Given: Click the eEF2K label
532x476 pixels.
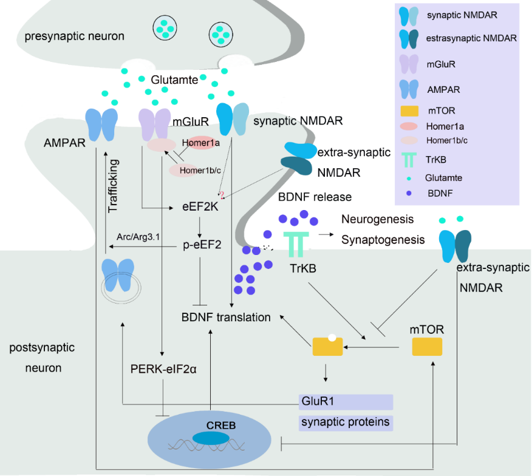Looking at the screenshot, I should click(200, 207).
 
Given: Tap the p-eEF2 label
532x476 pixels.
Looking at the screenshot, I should click(200, 245).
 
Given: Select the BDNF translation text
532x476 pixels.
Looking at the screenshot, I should click(226, 317).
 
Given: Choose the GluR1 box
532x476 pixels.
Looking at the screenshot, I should click(346, 401).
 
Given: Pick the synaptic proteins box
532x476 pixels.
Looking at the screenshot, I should click(346, 421).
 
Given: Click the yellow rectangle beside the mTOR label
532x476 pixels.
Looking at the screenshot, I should click(427, 347).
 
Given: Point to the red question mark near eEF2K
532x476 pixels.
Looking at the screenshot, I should click(222, 194).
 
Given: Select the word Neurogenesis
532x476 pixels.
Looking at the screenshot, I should click(377, 219).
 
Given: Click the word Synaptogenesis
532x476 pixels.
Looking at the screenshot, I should click(383, 239).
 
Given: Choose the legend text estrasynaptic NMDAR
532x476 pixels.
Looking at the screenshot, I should click(471, 38).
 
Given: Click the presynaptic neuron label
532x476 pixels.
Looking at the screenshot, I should click(75, 36).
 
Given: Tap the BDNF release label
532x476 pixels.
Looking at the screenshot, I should click(315, 197).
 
